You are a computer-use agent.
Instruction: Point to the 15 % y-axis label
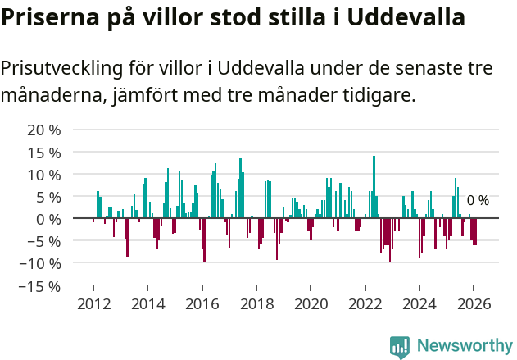[44, 153]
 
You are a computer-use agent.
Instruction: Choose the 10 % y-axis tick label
[44, 175]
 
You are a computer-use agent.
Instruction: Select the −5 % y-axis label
[44, 242]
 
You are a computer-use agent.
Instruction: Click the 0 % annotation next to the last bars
[478, 201]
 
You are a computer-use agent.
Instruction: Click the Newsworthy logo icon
[400, 347]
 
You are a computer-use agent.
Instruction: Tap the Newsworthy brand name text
[464, 346]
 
